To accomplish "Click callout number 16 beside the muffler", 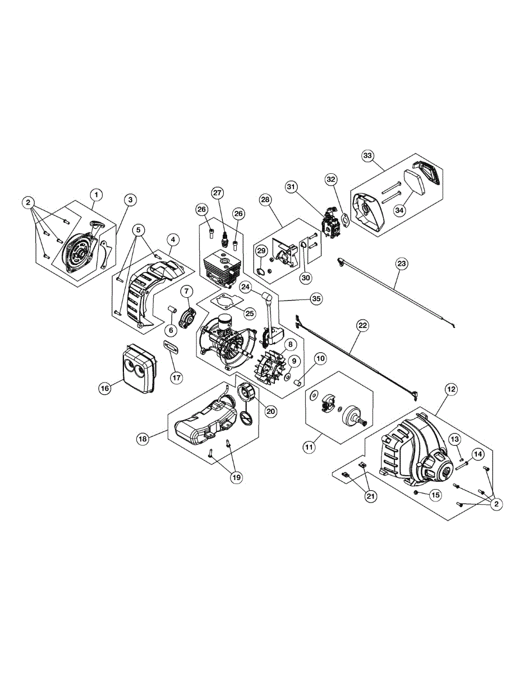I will pos(105,388).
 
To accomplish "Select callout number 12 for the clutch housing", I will pos(450,388).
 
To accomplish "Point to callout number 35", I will pos(316,299).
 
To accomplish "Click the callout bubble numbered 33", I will pos(367,155).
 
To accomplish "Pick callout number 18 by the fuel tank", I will pos(143,439).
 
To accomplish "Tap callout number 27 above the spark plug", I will pos(217,192).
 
